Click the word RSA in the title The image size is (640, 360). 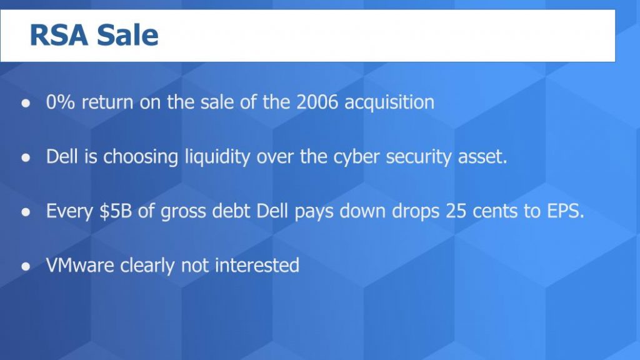coord(59,36)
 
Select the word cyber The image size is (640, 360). coord(354,157)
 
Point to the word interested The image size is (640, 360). coord(257,266)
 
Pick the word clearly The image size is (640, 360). coord(147,266)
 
